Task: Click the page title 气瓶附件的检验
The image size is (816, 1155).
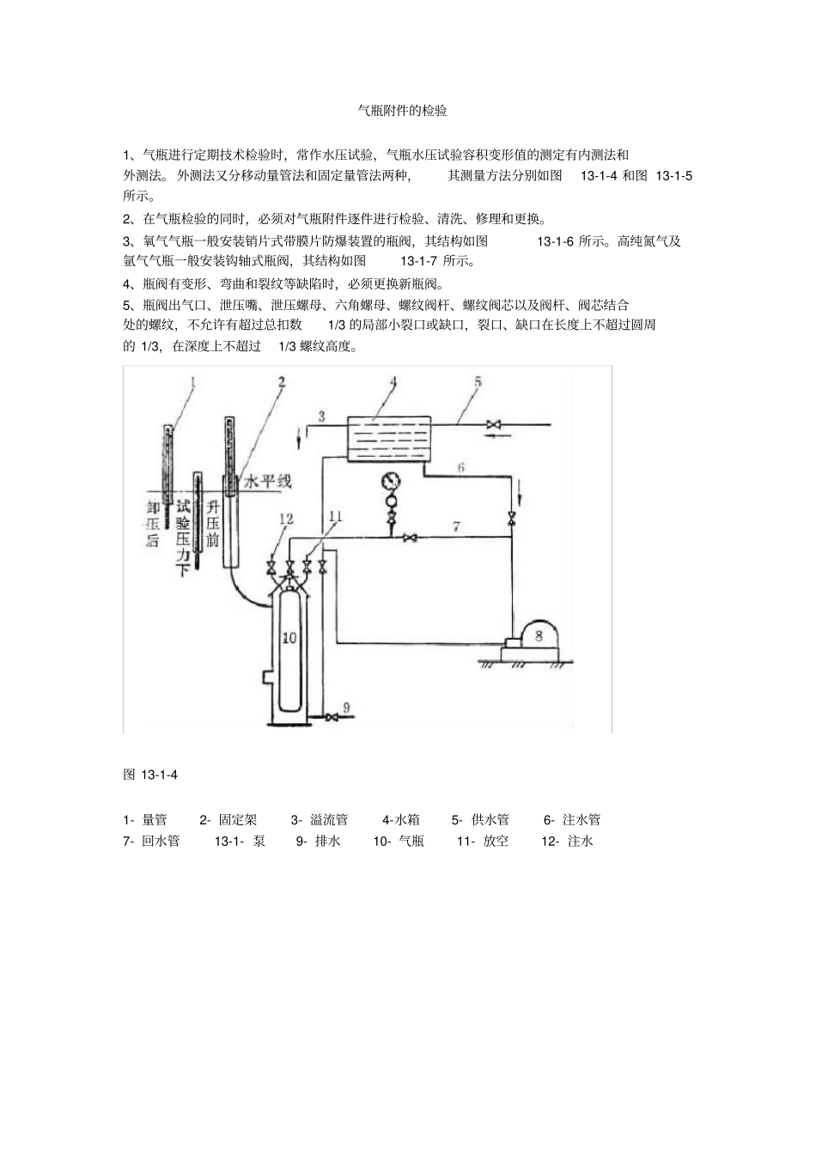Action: coord(402,112)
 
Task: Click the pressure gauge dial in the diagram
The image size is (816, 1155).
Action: coord(393,479)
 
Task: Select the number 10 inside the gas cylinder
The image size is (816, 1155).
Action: coord(289,637)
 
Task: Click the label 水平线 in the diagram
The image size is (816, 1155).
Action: coord(268,481)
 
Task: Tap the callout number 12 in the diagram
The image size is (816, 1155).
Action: coord(285,519)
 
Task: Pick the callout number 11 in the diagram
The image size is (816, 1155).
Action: coord(335,516)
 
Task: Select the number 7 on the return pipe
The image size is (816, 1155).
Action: coord(457,526)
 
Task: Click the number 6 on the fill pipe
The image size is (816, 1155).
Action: coord(460,467)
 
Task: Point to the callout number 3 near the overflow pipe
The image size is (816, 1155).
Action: coord(321,416)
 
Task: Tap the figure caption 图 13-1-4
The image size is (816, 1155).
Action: coord(150,775)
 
